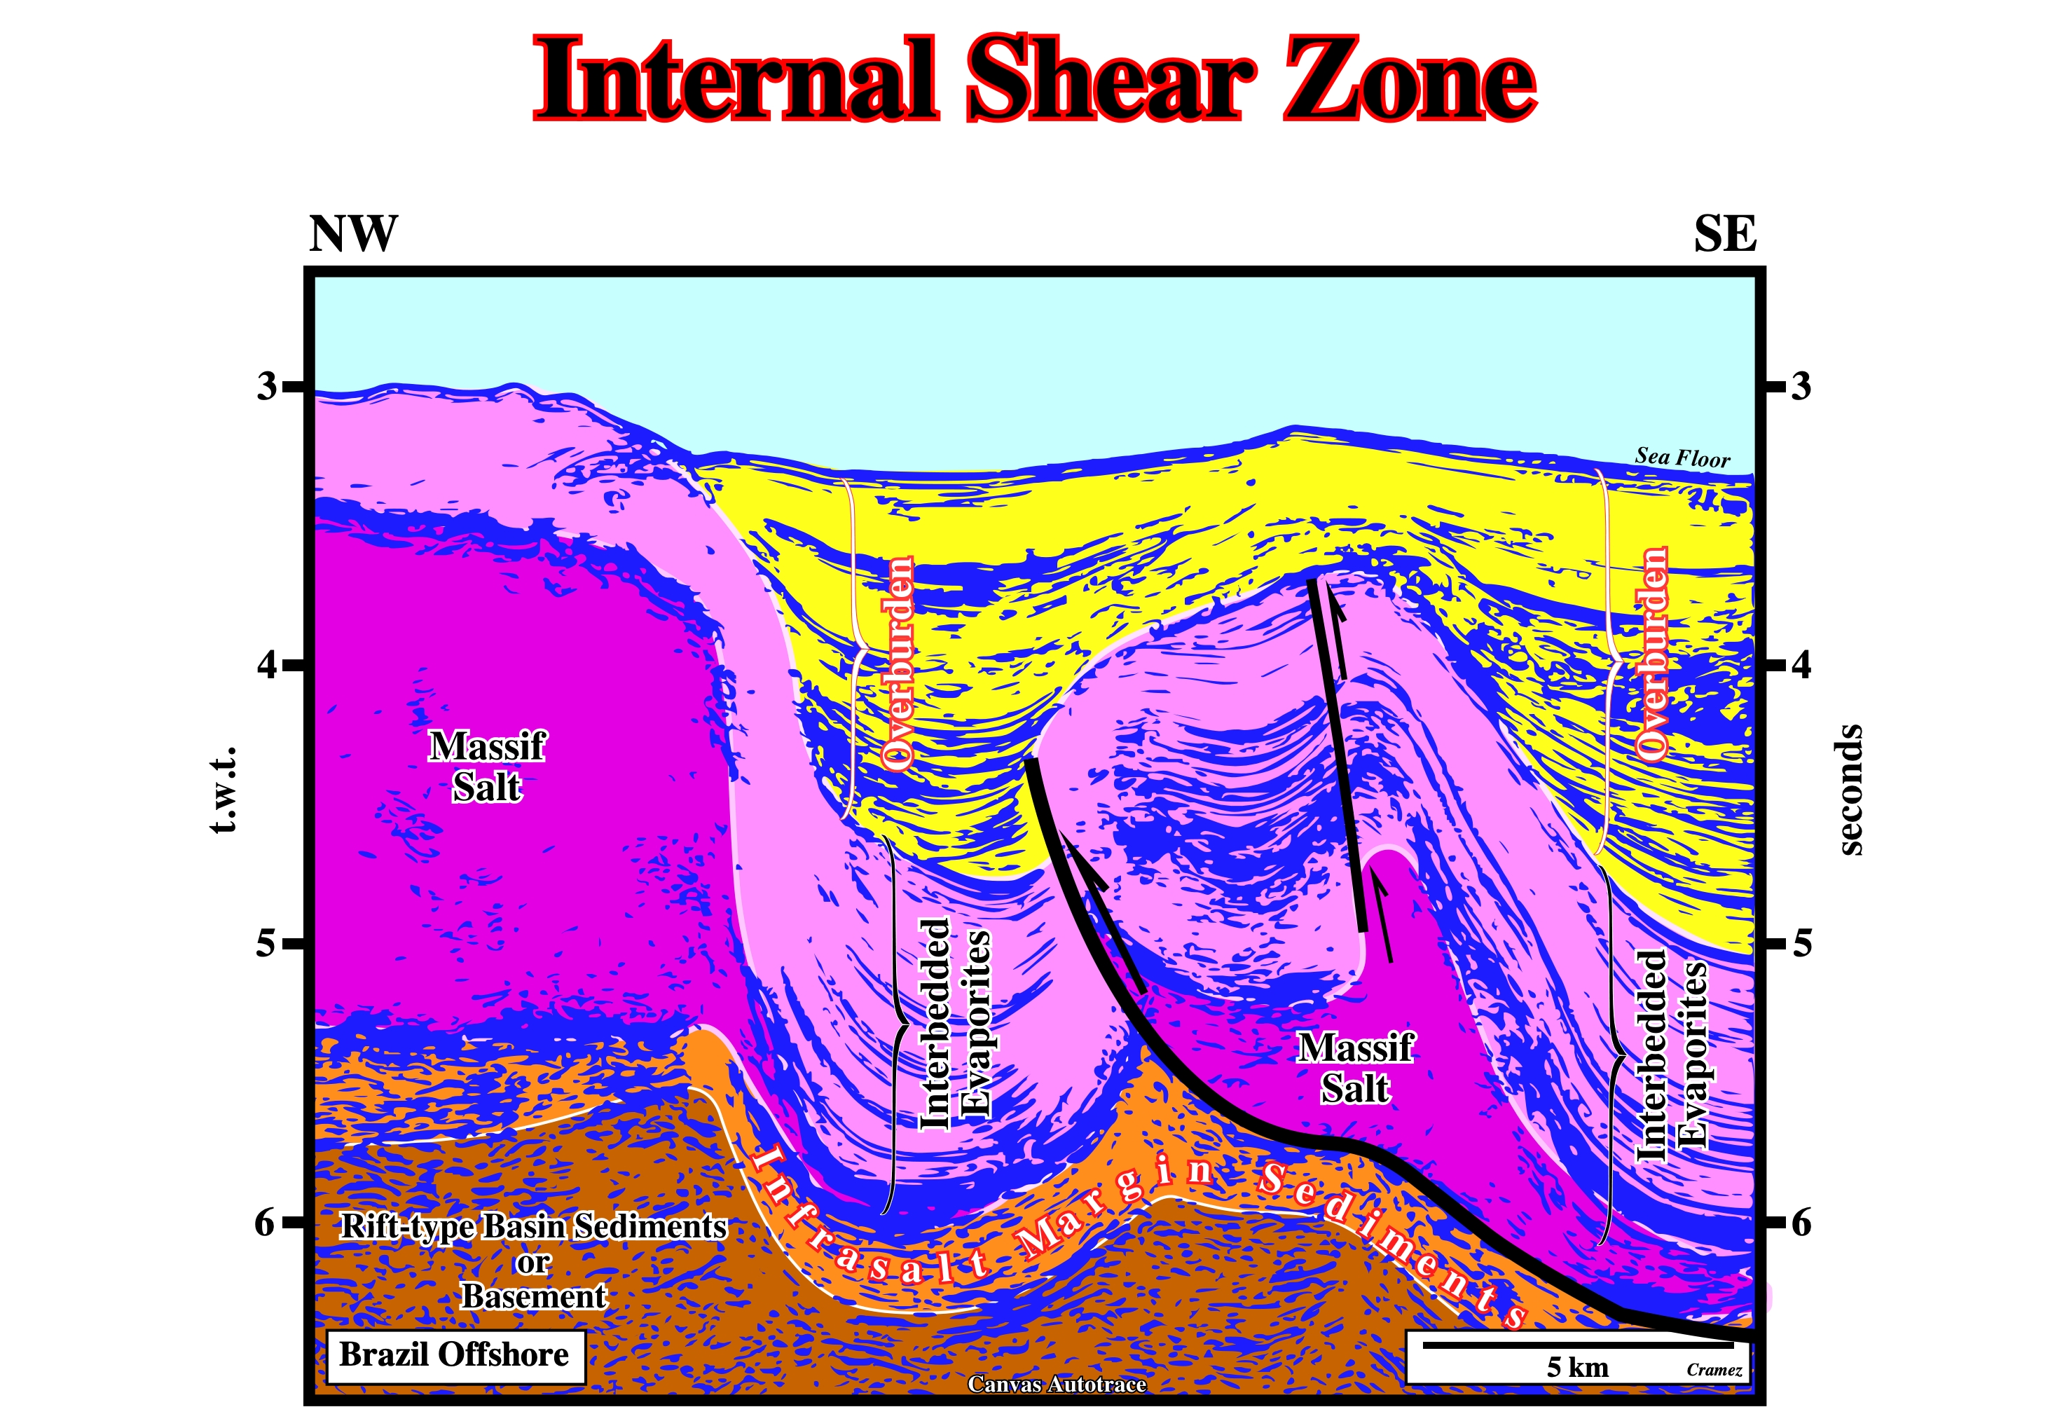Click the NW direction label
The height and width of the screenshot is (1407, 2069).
pyautogui.click(x=352, y=234)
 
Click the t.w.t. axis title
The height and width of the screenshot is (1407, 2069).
pyautogui.click(x=224, y=790)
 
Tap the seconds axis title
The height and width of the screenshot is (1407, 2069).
pyautogui.click(x=1850, y=790)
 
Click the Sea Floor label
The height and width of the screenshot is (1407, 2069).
pyautogui.click(x=1682, y=458)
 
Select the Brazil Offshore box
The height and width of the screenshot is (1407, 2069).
pyautogui.click(x=455, y=1357)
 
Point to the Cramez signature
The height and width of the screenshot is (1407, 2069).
pyautogui.click(x=1714, y=1371)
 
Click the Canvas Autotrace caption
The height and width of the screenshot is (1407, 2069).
pyautogui.click(x=1057, y=1384)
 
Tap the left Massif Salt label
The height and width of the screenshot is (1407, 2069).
pyautogui.click(x=486, y=767)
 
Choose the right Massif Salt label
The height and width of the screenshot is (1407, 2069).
pyautogui.click(x=1355, y=1068)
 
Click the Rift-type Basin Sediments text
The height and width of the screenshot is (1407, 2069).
pyautogui.click(x=533, y=1226)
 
